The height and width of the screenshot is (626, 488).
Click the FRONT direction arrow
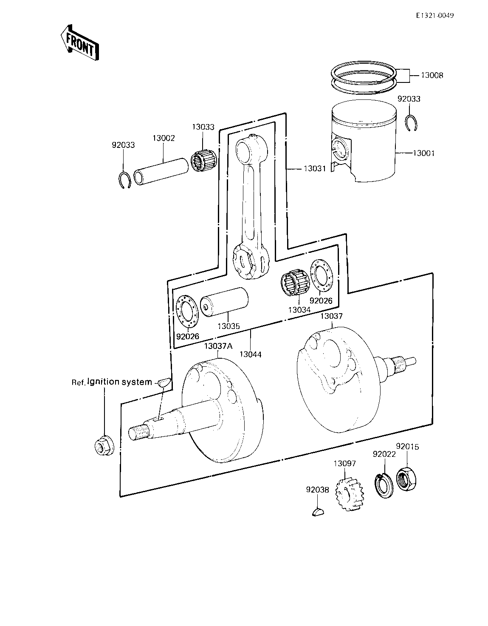pyautogui.click(x=79, y=42)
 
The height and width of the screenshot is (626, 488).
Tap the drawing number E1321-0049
pyautogui.click(x=435, y=16)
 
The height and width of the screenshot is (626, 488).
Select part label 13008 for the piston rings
pyautogui.click(x=432, y=76)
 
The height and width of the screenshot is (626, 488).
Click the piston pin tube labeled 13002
pyautogui.click(x=161, y=171)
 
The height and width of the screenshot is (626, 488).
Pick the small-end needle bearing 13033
pyautogui.click(x=204, y=161)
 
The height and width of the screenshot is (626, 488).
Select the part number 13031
pyautogui.click(x=315, y=169)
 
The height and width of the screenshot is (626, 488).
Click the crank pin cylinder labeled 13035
pyautogui.click(x=224, y=302)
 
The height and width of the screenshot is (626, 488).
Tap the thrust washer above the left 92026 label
pyautogui.click(x=187, y=312)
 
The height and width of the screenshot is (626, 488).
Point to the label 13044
pyautogui.click(x=251, y=354)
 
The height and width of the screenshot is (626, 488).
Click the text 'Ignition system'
pyautogui.click(x=119, y=382)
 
